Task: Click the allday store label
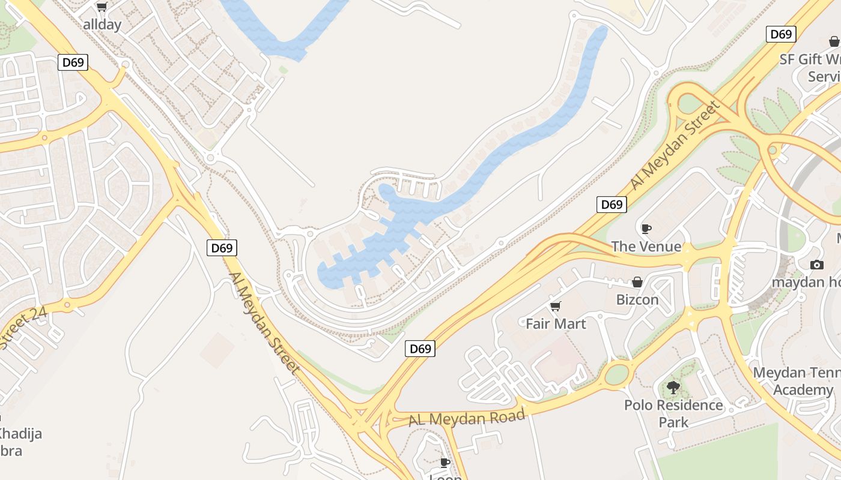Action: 102,25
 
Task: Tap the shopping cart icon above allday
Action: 102,7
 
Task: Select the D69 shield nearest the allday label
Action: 73,62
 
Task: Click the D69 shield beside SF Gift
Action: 781,34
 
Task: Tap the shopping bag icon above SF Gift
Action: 834,41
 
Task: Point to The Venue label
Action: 646,247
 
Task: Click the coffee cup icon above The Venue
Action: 646,229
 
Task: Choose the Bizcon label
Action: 637,299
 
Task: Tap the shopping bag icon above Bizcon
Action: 637,282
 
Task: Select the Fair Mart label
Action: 556,324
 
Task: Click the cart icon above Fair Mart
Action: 556,307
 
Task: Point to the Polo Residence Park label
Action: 673,413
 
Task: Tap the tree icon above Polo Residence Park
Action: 673,388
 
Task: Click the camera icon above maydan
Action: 816,265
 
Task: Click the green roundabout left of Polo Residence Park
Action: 617,374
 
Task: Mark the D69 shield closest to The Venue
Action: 612,205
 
